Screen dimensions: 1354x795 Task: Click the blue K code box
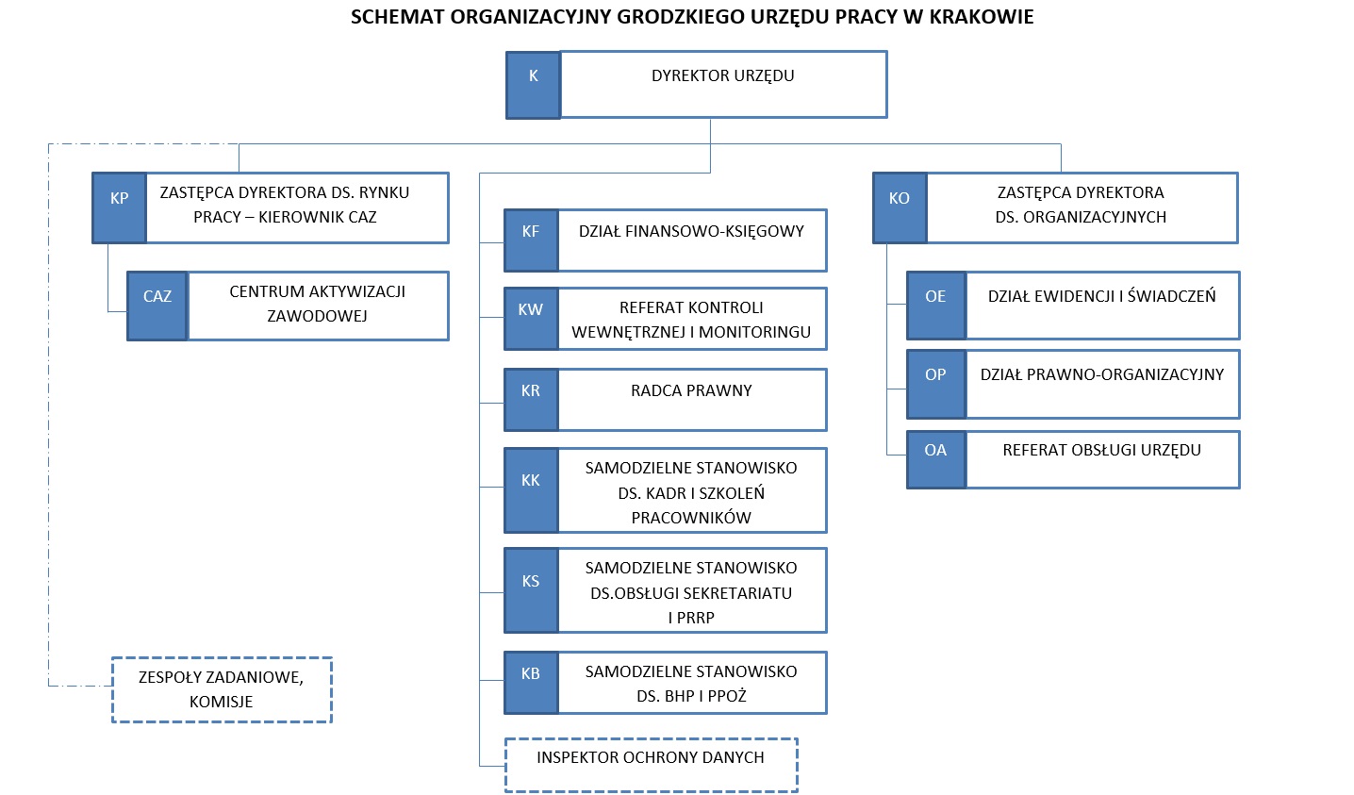click(533, 85)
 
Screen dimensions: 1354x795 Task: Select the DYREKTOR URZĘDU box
click(723, 84)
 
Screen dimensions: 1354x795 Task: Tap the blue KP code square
click(119, 208)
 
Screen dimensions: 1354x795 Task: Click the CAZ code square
click(157, 306)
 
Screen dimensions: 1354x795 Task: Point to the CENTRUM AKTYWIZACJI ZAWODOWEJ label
click(318, 304)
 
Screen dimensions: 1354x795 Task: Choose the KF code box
click(531, 240)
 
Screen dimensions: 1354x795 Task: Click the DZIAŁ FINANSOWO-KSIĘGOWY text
click(691, 232)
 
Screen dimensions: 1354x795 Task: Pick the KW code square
click(531, 319)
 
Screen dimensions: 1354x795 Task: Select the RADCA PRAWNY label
click(691, 390)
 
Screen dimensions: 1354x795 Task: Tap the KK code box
click(531, 490)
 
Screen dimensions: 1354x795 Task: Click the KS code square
click(531, 590)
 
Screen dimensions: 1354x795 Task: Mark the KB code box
click(531, 683)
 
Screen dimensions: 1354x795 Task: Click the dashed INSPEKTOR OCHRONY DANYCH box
click(651, 765)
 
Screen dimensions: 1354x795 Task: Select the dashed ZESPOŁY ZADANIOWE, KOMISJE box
click(222, 689)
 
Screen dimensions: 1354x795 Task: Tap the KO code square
click(900, 208)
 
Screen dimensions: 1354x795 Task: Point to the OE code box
click(935, 306)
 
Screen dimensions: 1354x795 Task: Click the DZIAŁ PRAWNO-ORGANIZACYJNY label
click(1102, 374)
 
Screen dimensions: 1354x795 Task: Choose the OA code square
click(935, 459)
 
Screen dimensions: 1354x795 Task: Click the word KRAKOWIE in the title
click(981, 17)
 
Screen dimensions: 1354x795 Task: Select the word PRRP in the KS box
click(697, 618)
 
